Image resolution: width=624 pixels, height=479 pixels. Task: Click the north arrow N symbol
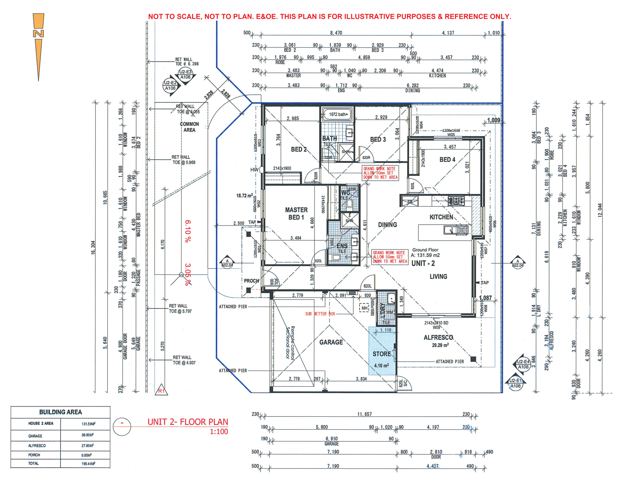(38, 33)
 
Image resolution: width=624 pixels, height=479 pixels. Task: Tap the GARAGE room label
(331, 342)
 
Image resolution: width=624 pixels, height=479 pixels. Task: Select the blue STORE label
(382, 354)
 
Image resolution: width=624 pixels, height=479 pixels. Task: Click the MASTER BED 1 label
(296, 214)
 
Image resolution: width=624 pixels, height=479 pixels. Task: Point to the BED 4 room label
(447, 160)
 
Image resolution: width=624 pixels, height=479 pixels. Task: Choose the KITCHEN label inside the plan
(441, 217)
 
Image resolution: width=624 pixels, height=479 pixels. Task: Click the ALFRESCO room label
(438, 338)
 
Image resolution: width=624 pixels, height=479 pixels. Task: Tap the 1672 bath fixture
(338, 114)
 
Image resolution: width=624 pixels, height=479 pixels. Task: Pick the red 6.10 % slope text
(188, 231)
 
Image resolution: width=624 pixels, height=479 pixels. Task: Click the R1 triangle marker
(162, 391)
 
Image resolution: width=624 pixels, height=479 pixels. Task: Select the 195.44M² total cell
(88, 464)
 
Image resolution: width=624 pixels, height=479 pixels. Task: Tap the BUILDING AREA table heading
(60, 412)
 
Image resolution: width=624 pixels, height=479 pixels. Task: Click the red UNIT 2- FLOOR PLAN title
(188, 422)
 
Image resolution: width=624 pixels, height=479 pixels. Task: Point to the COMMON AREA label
(189, 127)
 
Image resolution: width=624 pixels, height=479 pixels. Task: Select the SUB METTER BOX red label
(320, 314)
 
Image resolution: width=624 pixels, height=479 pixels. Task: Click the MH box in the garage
(364, 308)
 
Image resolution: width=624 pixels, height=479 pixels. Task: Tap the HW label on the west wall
(254, 170)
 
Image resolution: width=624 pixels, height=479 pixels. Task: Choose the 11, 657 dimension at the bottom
(364, 414)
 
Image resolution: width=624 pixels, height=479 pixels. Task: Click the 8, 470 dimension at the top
(336, 33)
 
